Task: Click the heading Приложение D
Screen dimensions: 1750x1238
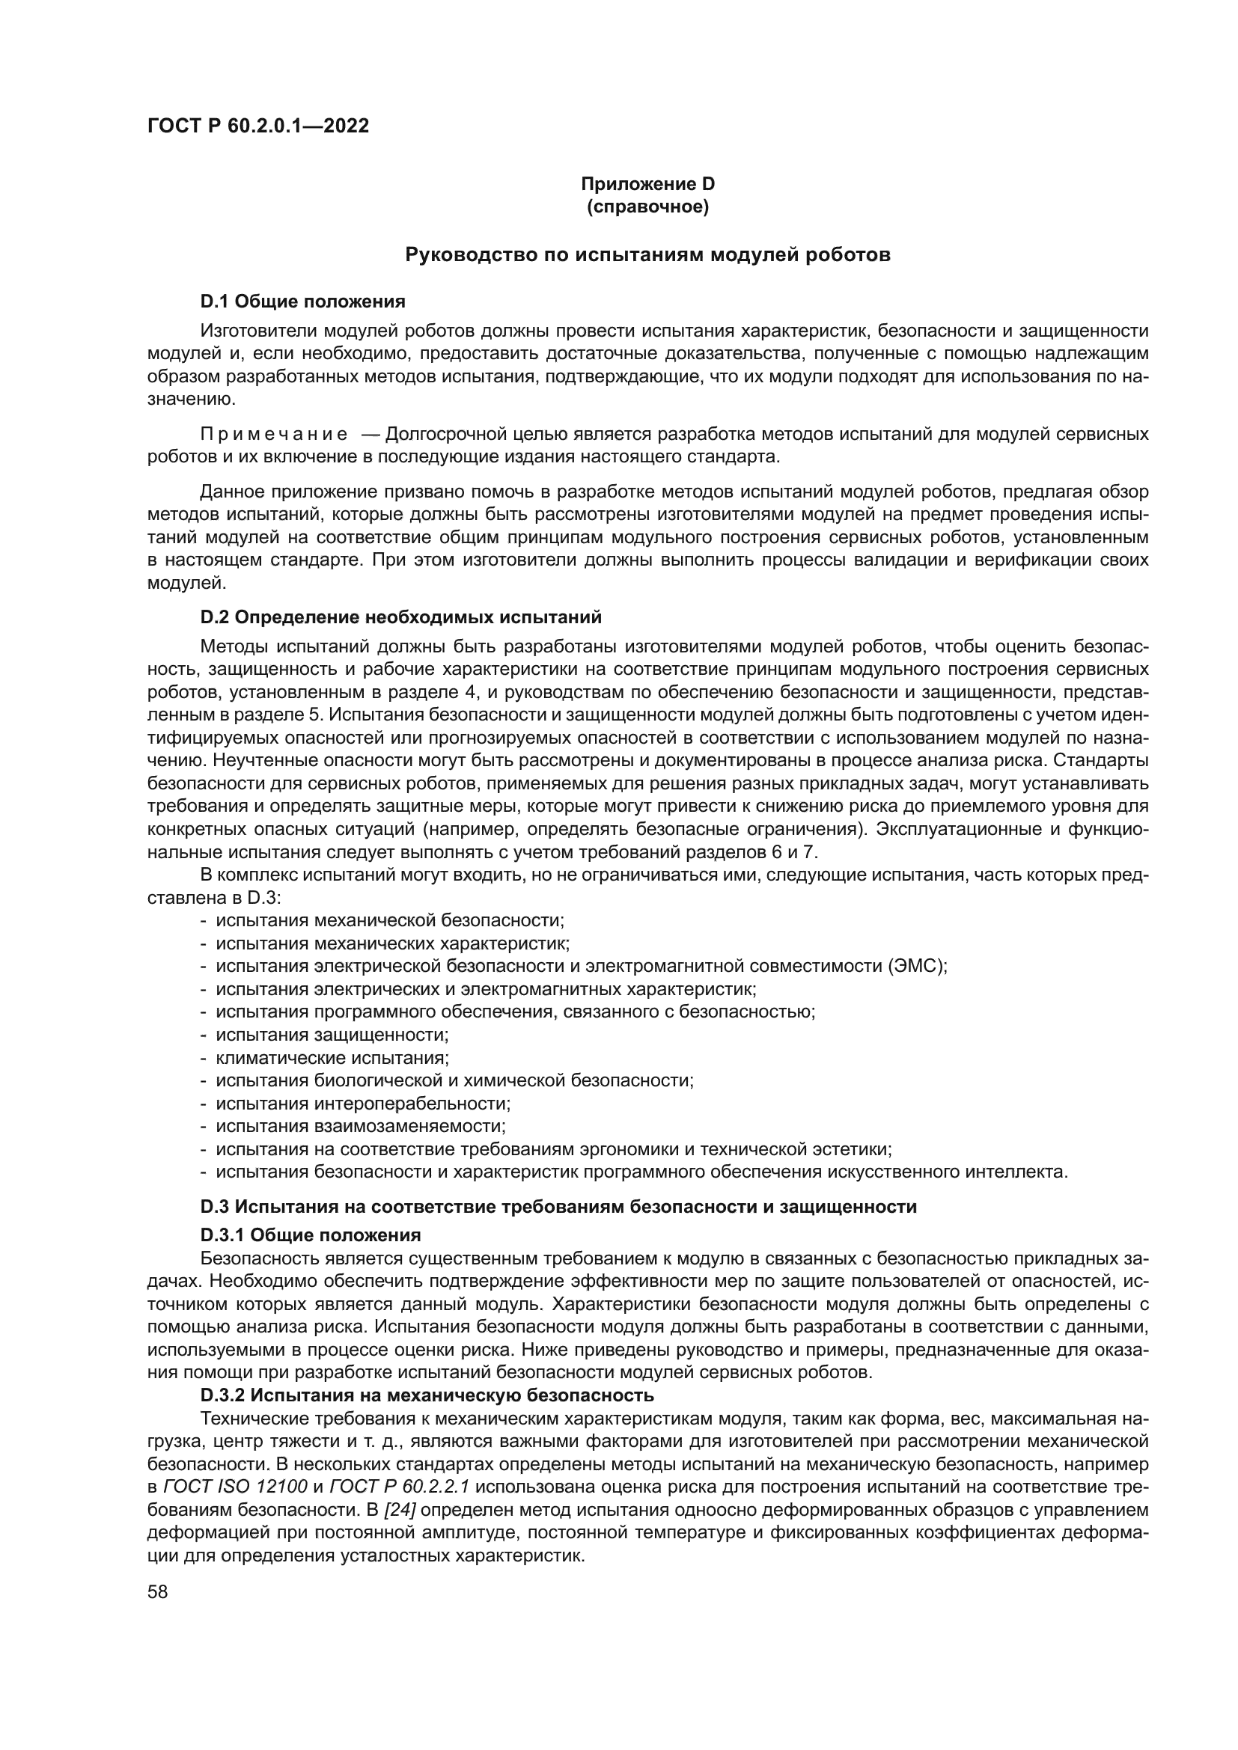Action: (647, 184)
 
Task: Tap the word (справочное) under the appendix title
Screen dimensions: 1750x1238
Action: (647, 206)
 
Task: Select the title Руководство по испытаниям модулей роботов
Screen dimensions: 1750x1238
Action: (647, 254)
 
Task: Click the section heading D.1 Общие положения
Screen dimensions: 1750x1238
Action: (302, 301)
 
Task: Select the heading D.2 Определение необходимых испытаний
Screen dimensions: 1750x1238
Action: (401, 616)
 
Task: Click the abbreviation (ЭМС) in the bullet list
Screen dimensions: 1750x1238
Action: (917, 966)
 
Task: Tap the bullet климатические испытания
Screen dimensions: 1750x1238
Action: (332, 1057)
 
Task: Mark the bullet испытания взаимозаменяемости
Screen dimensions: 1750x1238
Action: (361, 1126)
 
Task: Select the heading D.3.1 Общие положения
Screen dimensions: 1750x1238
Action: (311, 1234)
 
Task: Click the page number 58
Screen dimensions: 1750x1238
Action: (158, 1591)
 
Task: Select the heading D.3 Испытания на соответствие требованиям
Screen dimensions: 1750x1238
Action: (558, 1207)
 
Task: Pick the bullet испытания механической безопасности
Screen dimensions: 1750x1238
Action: (389, 920)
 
